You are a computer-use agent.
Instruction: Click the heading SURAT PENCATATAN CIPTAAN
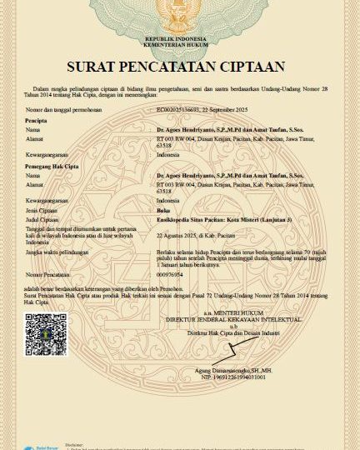(x=180, y=66)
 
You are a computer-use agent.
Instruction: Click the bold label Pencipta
(x=36, y=120)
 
